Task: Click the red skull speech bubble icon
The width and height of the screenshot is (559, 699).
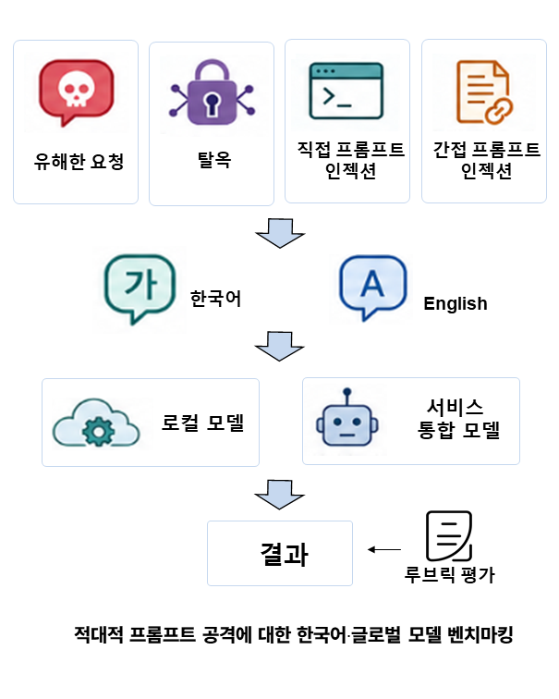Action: click(x=76, y=92)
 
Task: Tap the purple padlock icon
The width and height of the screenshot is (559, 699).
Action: click(x=212, y=92)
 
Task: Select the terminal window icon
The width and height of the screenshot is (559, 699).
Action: click(x=346, y=91)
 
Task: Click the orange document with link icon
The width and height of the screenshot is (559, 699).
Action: click(x=484, y=92)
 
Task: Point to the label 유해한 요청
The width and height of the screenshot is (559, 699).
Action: click(x=79, y=162)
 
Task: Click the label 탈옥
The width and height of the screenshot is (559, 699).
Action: click(x=214, y=160)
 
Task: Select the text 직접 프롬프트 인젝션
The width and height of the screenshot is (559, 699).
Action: click(x=350, y=160)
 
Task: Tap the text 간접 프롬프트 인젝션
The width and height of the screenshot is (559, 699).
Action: click(x=486, y=160)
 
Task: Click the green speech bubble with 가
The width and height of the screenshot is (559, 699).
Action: click(x=140, y=288)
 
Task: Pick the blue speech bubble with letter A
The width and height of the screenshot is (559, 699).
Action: click(x=372, y=287)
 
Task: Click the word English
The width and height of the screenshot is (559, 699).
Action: click(x=456, y=303)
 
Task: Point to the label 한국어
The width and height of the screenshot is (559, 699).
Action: click(x=215, y=299)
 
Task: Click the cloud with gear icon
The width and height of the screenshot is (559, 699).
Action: click(x=96, y=423)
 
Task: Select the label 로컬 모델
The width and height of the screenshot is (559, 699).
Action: click(x=202, y=423)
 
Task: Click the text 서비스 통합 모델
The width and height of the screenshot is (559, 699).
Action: click(x=458, y=419)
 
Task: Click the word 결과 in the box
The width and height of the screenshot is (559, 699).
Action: click(x=284, y=554)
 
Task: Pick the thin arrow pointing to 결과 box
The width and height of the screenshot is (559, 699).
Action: click(x=384, y=549)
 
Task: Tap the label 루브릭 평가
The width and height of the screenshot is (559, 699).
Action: click(x=449, y=574)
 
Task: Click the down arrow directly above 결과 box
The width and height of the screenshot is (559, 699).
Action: click(x=279, y=495)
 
